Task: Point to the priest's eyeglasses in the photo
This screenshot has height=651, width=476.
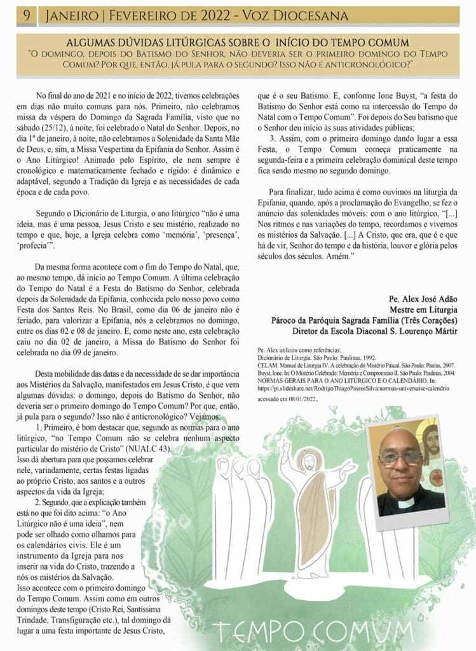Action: click(401, 456)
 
